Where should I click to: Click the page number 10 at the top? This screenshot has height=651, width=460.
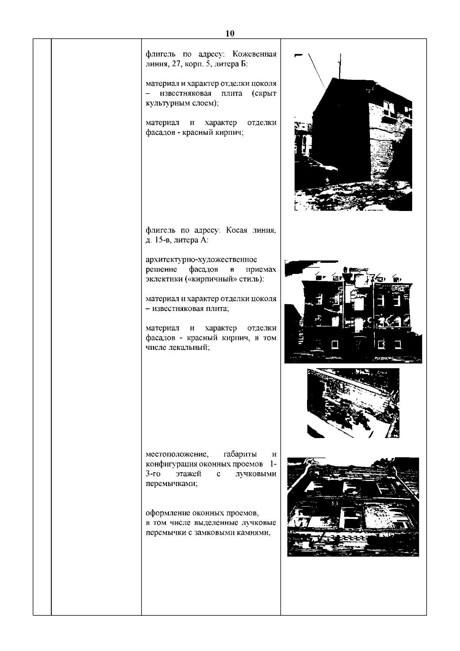coord(230,33)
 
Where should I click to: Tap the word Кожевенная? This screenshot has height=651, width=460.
coord(255,54)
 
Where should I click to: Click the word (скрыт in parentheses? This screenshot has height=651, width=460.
coord(264,94)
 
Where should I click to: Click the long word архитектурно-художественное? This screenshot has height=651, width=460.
coord(201,260)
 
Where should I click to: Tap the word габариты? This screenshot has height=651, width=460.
coord(240,454)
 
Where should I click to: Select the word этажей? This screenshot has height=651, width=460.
coord(189,474)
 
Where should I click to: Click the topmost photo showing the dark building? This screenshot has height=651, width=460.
coord(353,132)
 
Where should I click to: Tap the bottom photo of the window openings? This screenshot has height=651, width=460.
coord(353,507)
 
